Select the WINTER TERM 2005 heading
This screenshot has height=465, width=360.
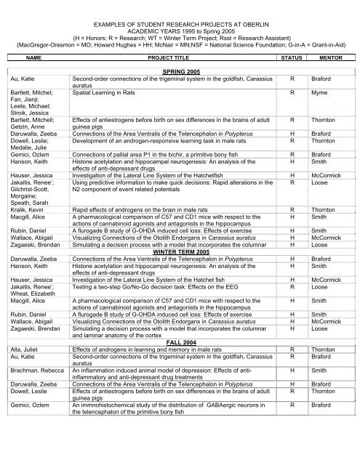(179, 272)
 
